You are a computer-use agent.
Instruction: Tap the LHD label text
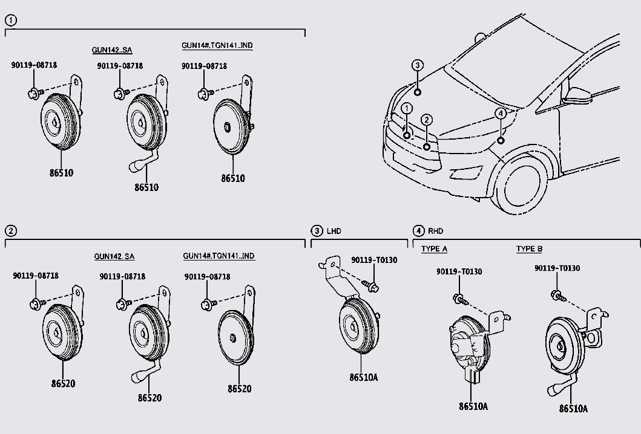click(x=334, y=231)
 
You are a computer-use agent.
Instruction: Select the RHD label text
click(x=436, y=231)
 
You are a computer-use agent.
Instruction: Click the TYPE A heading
click(x=434, y=249)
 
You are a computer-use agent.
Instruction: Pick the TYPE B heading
click(x=529, y=249)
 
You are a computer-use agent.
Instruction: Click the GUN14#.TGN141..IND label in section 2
click(x=219, y=256)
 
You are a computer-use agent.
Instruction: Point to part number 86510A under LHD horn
click(x=363, y=377)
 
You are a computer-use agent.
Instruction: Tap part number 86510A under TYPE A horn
click(x=473, y=406)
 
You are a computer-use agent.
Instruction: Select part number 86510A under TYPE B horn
click(x=573, y=408)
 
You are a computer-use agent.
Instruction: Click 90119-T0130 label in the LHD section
click(x=374, y=260)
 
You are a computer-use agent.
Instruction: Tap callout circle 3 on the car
click(x=418, y=65)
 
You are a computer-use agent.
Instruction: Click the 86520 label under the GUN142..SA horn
click(x=149, y=398)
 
